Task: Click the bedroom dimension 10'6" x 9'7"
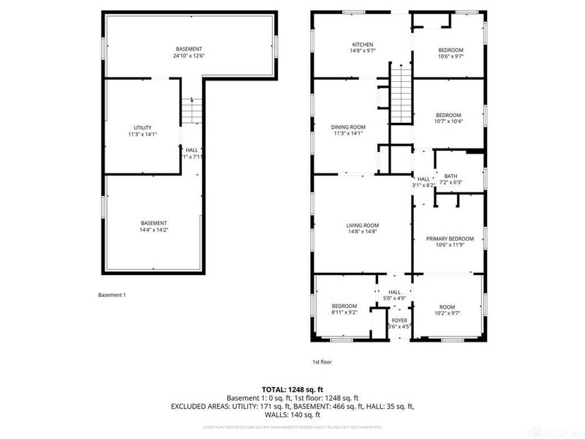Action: [450, 56]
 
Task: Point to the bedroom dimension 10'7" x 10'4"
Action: [448, 121]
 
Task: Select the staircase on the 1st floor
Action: [400, 94]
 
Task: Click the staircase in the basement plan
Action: [190, 111]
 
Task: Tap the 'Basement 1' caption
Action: [112, 295]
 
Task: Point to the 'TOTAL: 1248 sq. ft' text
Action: [292, 389]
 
